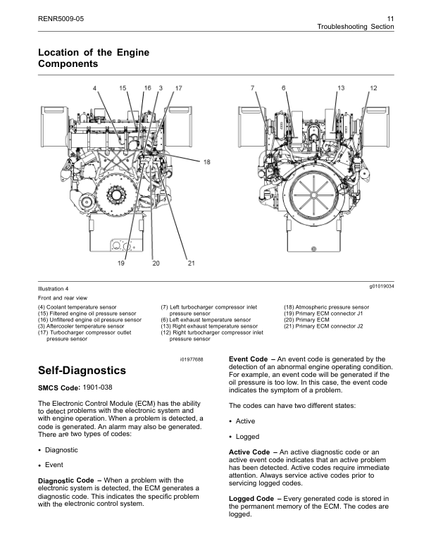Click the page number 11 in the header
click(x=389, y=16)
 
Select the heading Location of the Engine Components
click(x=93, y=58)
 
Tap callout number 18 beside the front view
click(x=207, y=162)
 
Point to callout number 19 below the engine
click(x=121, y=263)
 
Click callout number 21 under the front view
click(x=190, y=263)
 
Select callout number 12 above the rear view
click(x=373, y=87)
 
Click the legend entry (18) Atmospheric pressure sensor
click(x=326, y=308)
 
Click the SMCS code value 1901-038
click(x=96, y=387)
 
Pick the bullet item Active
click(x=246, y=421)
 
